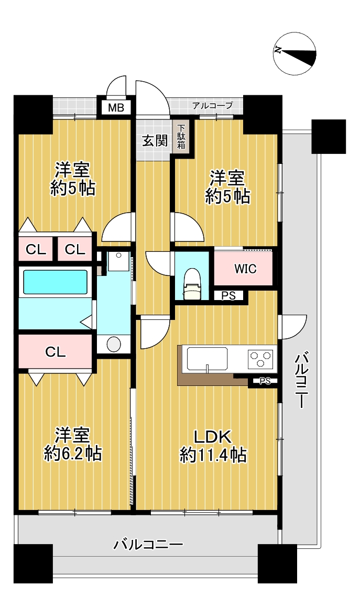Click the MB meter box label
click(x=116, y=107)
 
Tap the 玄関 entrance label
click(x=155, y=140)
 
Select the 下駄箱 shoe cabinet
click(x=181, y=137)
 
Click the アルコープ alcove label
click(x=213, y=105)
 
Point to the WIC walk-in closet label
click(x=245, y=269)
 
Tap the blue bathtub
click(x=55, y=282)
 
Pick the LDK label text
click(x=213, y=437)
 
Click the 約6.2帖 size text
click(x=73, y=453)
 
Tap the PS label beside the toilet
click(x=228, y=296)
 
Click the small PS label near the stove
click(x=265, y=381)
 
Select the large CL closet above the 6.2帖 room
click(x=56, y=352)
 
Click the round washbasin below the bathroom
click(x=114, y=344)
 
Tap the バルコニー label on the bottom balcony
click(x=148, y=545)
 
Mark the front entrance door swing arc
click(x=152, y=98)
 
